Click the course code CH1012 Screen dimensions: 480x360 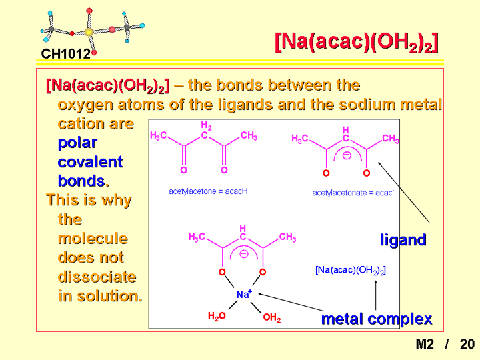point(65,54)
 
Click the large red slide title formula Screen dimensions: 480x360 point(357,42)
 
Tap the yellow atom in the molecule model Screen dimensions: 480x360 point(89,32)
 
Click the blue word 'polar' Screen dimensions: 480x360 point(77,143)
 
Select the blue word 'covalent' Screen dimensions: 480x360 point(90,161)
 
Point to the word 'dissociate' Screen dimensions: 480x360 point(97,277)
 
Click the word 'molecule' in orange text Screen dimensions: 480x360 point(93,238)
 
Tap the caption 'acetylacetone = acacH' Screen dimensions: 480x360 point(208,191)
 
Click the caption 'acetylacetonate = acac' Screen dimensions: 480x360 point(353,193)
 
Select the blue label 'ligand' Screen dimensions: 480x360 point(403,240)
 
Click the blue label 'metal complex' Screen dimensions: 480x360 point(377,319)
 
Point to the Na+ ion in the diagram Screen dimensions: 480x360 point(244,294)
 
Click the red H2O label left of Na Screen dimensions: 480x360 point(217,316)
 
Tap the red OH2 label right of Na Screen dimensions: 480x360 point(272,317)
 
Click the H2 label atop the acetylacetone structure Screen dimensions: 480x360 point(206,125)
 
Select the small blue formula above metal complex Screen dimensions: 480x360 point(351,270)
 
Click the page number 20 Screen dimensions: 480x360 point(467,344)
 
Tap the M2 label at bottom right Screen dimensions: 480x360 point(425,344)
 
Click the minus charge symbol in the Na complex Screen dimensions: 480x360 point(244,254)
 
